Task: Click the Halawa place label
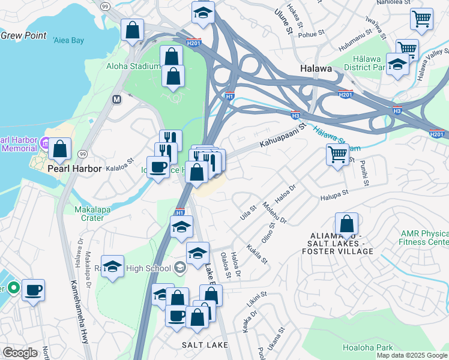(316, 68)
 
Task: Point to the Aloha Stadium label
(133, 65)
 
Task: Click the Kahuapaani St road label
(283, 135)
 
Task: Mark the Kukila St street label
(257, 254)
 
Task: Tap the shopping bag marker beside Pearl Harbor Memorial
(60, 150)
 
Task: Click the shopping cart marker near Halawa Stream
(337, 155)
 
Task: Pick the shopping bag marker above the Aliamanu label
(346, 224)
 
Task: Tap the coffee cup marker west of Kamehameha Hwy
(33, 290)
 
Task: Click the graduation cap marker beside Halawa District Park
(397, 65)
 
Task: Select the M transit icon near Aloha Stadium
(116, 98)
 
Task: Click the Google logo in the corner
(20, 353)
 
